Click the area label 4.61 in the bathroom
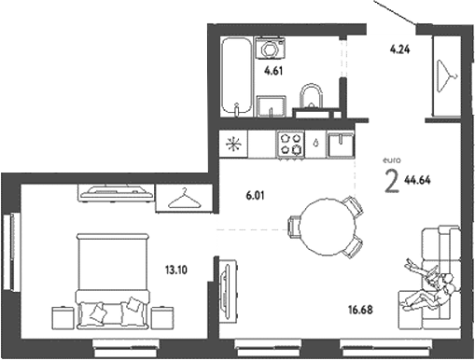(x=272, y=70)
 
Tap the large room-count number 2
(x=393, y=181)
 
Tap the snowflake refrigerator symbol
(x=233, y=145)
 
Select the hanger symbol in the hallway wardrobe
(x=446, y=76)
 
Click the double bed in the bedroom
(x=113, y=280)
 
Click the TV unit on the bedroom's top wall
(x=117, y=192)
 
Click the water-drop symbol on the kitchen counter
(x=319, y=144)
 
